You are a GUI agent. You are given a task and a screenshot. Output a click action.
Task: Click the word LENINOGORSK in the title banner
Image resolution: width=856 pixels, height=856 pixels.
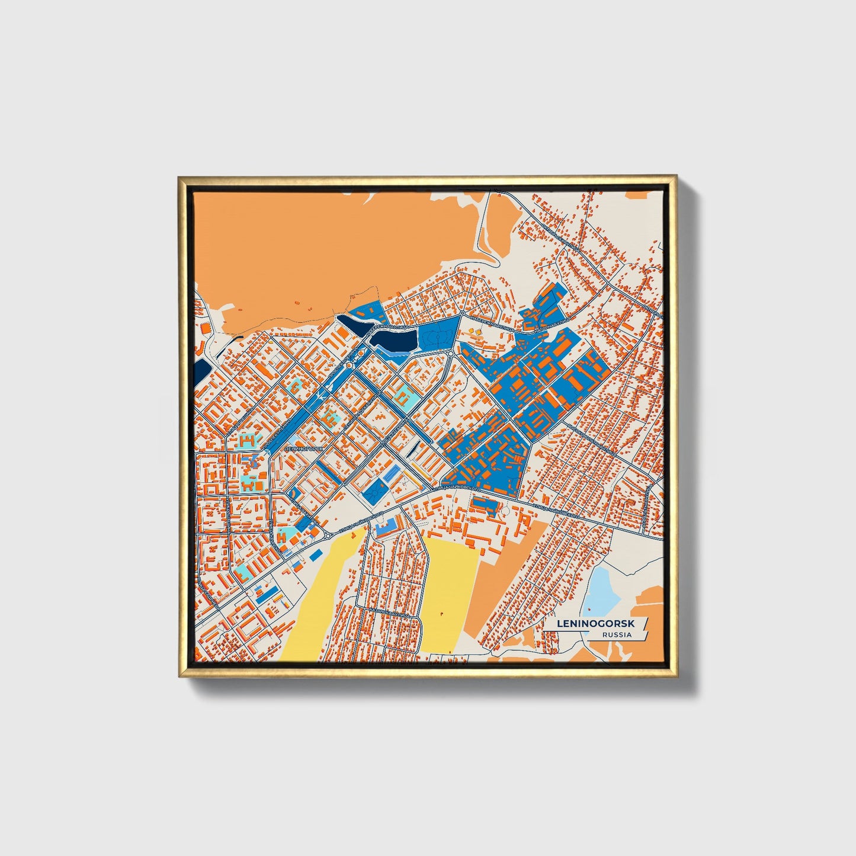click(x=596, y=624)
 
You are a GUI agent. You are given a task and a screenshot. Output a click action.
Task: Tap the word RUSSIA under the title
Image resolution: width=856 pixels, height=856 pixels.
click(x=617, y=635)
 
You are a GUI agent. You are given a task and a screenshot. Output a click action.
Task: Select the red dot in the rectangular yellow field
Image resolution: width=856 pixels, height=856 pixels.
click(x=442, y=613)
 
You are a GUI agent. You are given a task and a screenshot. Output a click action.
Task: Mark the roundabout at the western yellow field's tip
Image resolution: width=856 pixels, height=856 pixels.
click(x=328, y=536)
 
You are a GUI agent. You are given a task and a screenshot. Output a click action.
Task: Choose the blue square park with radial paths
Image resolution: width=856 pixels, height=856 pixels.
click(x=375, y=492)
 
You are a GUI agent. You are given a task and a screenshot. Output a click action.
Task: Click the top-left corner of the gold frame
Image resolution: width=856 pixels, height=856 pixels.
click(x=179, y=177)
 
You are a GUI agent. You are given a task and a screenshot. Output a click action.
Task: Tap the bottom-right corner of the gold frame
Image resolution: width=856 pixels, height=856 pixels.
click(x=675, y=676)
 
